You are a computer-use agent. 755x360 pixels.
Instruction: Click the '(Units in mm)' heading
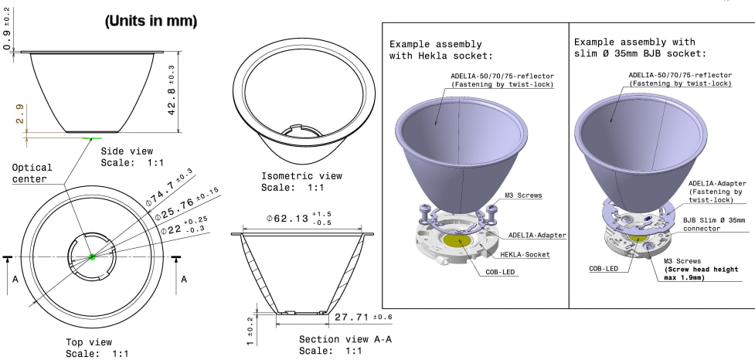coord(151,22)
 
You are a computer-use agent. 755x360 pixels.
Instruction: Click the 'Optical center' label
coord(32,173)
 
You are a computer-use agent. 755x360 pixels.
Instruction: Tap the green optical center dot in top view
coord(91,256)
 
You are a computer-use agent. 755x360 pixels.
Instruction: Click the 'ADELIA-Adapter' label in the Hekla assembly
coord(536,234)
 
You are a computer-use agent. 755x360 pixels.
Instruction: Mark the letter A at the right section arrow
coord(183,280)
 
